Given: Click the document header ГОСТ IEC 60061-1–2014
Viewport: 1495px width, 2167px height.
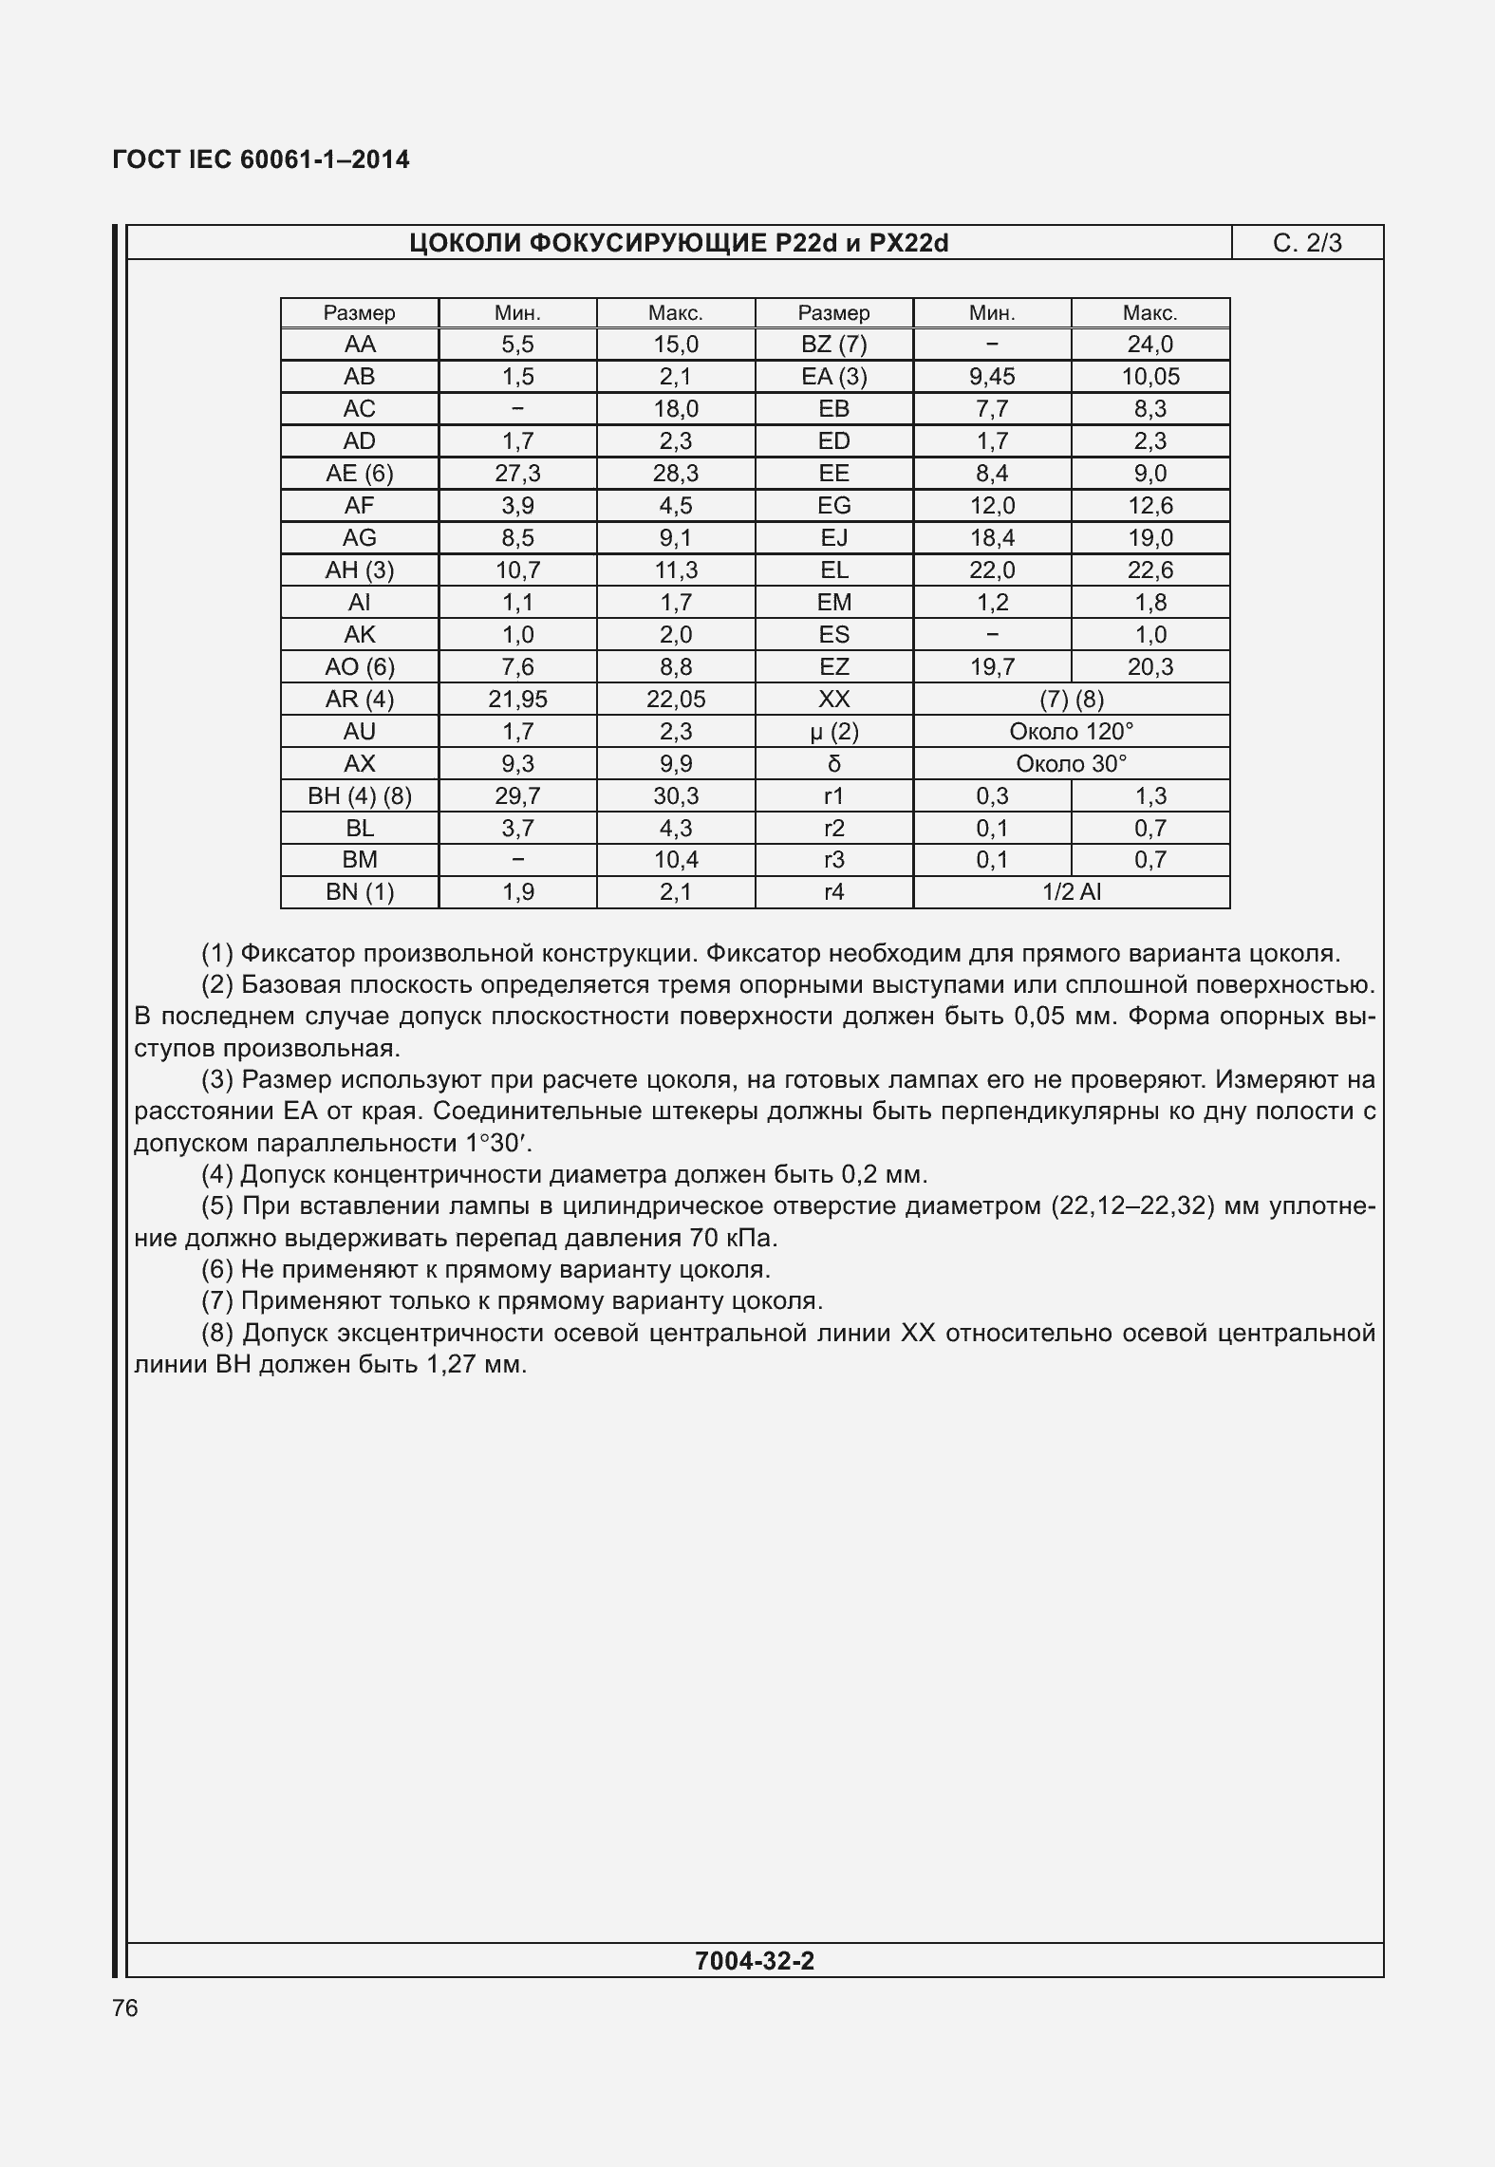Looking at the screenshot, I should [261, 160].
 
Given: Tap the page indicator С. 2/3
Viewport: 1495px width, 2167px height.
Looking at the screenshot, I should [1307, 244].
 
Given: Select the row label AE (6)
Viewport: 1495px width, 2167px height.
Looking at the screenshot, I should [359, 474].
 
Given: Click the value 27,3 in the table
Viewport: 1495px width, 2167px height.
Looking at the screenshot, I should [517, 474].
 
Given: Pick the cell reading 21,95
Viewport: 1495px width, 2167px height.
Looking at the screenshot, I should [517, 700].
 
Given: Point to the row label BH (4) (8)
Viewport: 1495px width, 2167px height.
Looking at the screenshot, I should [359, 796].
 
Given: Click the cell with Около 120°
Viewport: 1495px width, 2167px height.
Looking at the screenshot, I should [1071, 732].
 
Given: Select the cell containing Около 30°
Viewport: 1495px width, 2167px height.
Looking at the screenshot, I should [1071, 764].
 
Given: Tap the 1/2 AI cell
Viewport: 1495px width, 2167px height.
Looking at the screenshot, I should [1071, 892].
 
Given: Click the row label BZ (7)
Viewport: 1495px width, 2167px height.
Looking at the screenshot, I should [833, 345].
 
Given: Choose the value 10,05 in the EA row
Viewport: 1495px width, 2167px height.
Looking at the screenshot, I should [1149, 377].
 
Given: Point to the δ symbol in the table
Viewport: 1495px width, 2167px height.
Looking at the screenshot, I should [833, 764].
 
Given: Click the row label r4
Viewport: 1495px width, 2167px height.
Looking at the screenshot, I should [833, 892].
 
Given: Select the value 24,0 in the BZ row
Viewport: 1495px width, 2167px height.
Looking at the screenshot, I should [1149, 345].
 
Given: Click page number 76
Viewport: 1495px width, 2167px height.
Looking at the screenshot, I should [125, 2008].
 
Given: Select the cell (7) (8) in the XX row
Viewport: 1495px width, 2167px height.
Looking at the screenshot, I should [1071, 700].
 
